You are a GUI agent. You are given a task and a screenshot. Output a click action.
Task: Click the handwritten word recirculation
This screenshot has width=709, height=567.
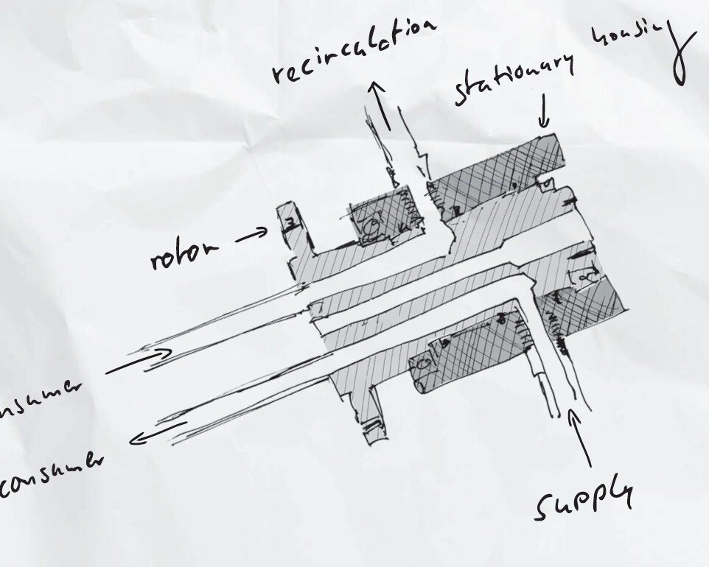pos(352,51)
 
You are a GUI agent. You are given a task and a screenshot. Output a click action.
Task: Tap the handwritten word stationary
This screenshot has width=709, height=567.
pos(514,79)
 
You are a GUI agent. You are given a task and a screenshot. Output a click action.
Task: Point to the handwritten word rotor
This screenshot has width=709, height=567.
pos(184,253)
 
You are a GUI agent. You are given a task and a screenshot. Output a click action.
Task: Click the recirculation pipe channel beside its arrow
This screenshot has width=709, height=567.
pos(404,147)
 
